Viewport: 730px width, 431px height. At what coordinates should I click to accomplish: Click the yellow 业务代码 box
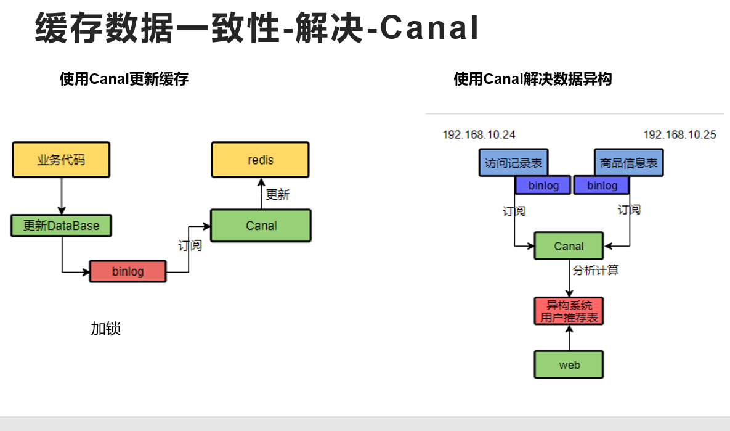pyautogui.click(x=61, y=160)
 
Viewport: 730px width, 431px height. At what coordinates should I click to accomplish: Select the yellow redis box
pyautogui.click(x=260, y=160)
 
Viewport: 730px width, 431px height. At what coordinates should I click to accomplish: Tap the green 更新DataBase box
pyautogui.click(x=62, y=226)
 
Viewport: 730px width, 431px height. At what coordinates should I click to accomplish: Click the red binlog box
pyautogui.click(x=128, y=271)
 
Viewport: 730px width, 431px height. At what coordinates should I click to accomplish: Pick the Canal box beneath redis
pyautogui.click(x=261, y=226)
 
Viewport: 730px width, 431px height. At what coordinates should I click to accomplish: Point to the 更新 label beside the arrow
pyautogui.click(x=277, y=195)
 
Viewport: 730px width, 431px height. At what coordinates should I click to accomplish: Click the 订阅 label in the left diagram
pyautogui.click(x=190, y=245)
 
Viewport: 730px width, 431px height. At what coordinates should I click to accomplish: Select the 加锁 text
pyautogui.click(x=105, y=329)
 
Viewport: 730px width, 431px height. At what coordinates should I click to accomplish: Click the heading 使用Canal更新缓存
pyautogui.click(x=124, y=79)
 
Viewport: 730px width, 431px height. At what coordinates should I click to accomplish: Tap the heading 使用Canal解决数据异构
pyautogui.click(x=532, y=79)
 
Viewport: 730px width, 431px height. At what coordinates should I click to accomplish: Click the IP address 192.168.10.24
pyautogui.click(x=479, y=134)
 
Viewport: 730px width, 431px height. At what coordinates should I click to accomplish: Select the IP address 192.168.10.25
pyautogui.click(x=679, y=134)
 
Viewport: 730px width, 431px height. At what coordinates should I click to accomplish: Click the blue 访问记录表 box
pyautogui.click(x=513, y=163)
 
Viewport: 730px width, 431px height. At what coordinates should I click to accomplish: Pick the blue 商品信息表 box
pyautogui.click(x=628, y=163)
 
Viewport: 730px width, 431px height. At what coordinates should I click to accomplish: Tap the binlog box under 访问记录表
pyautogui.click(x=543, y=186)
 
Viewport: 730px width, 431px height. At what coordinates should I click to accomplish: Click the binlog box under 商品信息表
pyautogui.click(x=601, y=186)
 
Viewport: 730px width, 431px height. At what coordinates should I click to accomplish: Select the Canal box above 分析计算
pyautogui.click(x=569, y=246)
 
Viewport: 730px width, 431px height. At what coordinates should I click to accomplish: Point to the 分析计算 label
pyautogui.click(x=596, y=270)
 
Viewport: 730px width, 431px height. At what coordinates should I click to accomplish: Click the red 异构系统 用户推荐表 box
pyautogui.click(x=569, y=311)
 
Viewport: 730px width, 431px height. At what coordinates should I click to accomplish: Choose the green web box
pyautogui.click(x=569, y=365)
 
